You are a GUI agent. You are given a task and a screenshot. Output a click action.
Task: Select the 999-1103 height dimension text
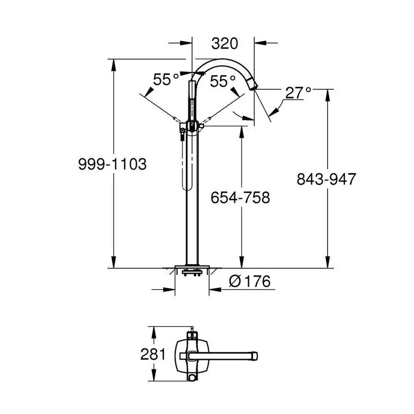112,164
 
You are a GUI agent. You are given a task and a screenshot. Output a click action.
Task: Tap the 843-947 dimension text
326,179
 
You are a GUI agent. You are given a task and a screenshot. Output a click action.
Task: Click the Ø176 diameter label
249,281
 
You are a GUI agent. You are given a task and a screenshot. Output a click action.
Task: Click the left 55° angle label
166,80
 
